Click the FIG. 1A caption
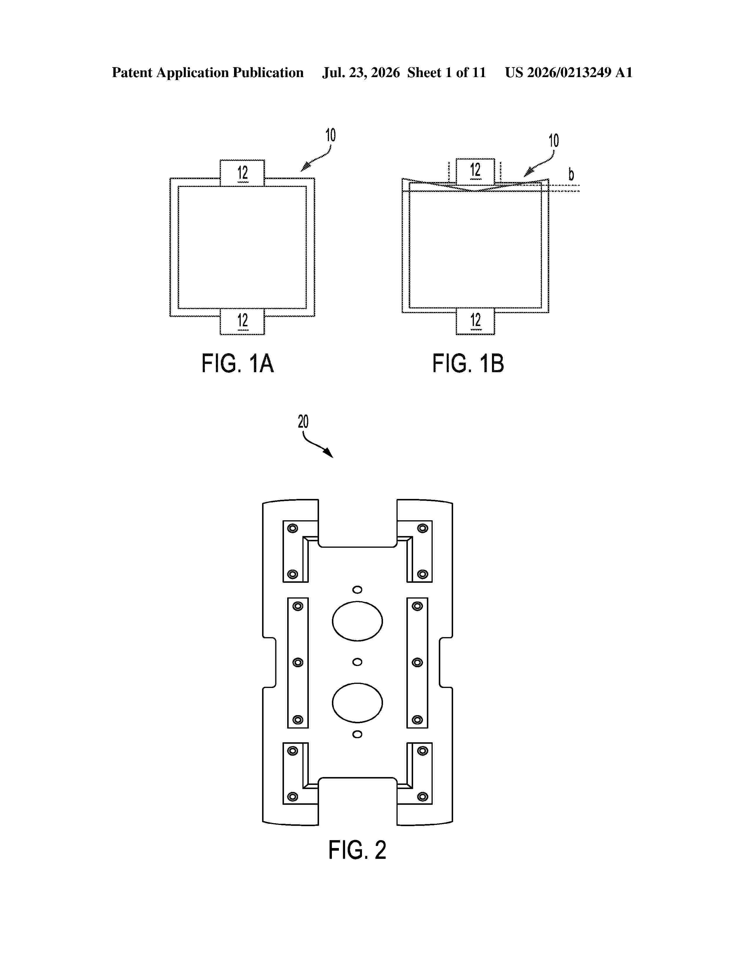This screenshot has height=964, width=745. [x=238, y=364]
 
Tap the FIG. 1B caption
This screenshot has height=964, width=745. [x=468, y=364]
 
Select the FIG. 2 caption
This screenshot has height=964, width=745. [x=357, y=850]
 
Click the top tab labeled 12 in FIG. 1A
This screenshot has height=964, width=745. [x=242, y=173]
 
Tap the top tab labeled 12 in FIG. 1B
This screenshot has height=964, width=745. [x=475, y=171]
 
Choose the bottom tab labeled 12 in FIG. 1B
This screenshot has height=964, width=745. [x=475, y=321]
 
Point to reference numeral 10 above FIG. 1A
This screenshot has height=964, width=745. [x=330, y=135]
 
